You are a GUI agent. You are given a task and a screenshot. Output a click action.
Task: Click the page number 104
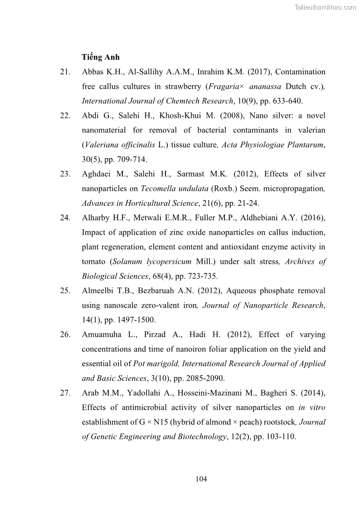201,479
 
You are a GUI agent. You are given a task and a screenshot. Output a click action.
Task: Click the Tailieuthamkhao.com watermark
325,7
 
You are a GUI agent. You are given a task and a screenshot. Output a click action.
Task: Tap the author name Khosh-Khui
178,116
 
